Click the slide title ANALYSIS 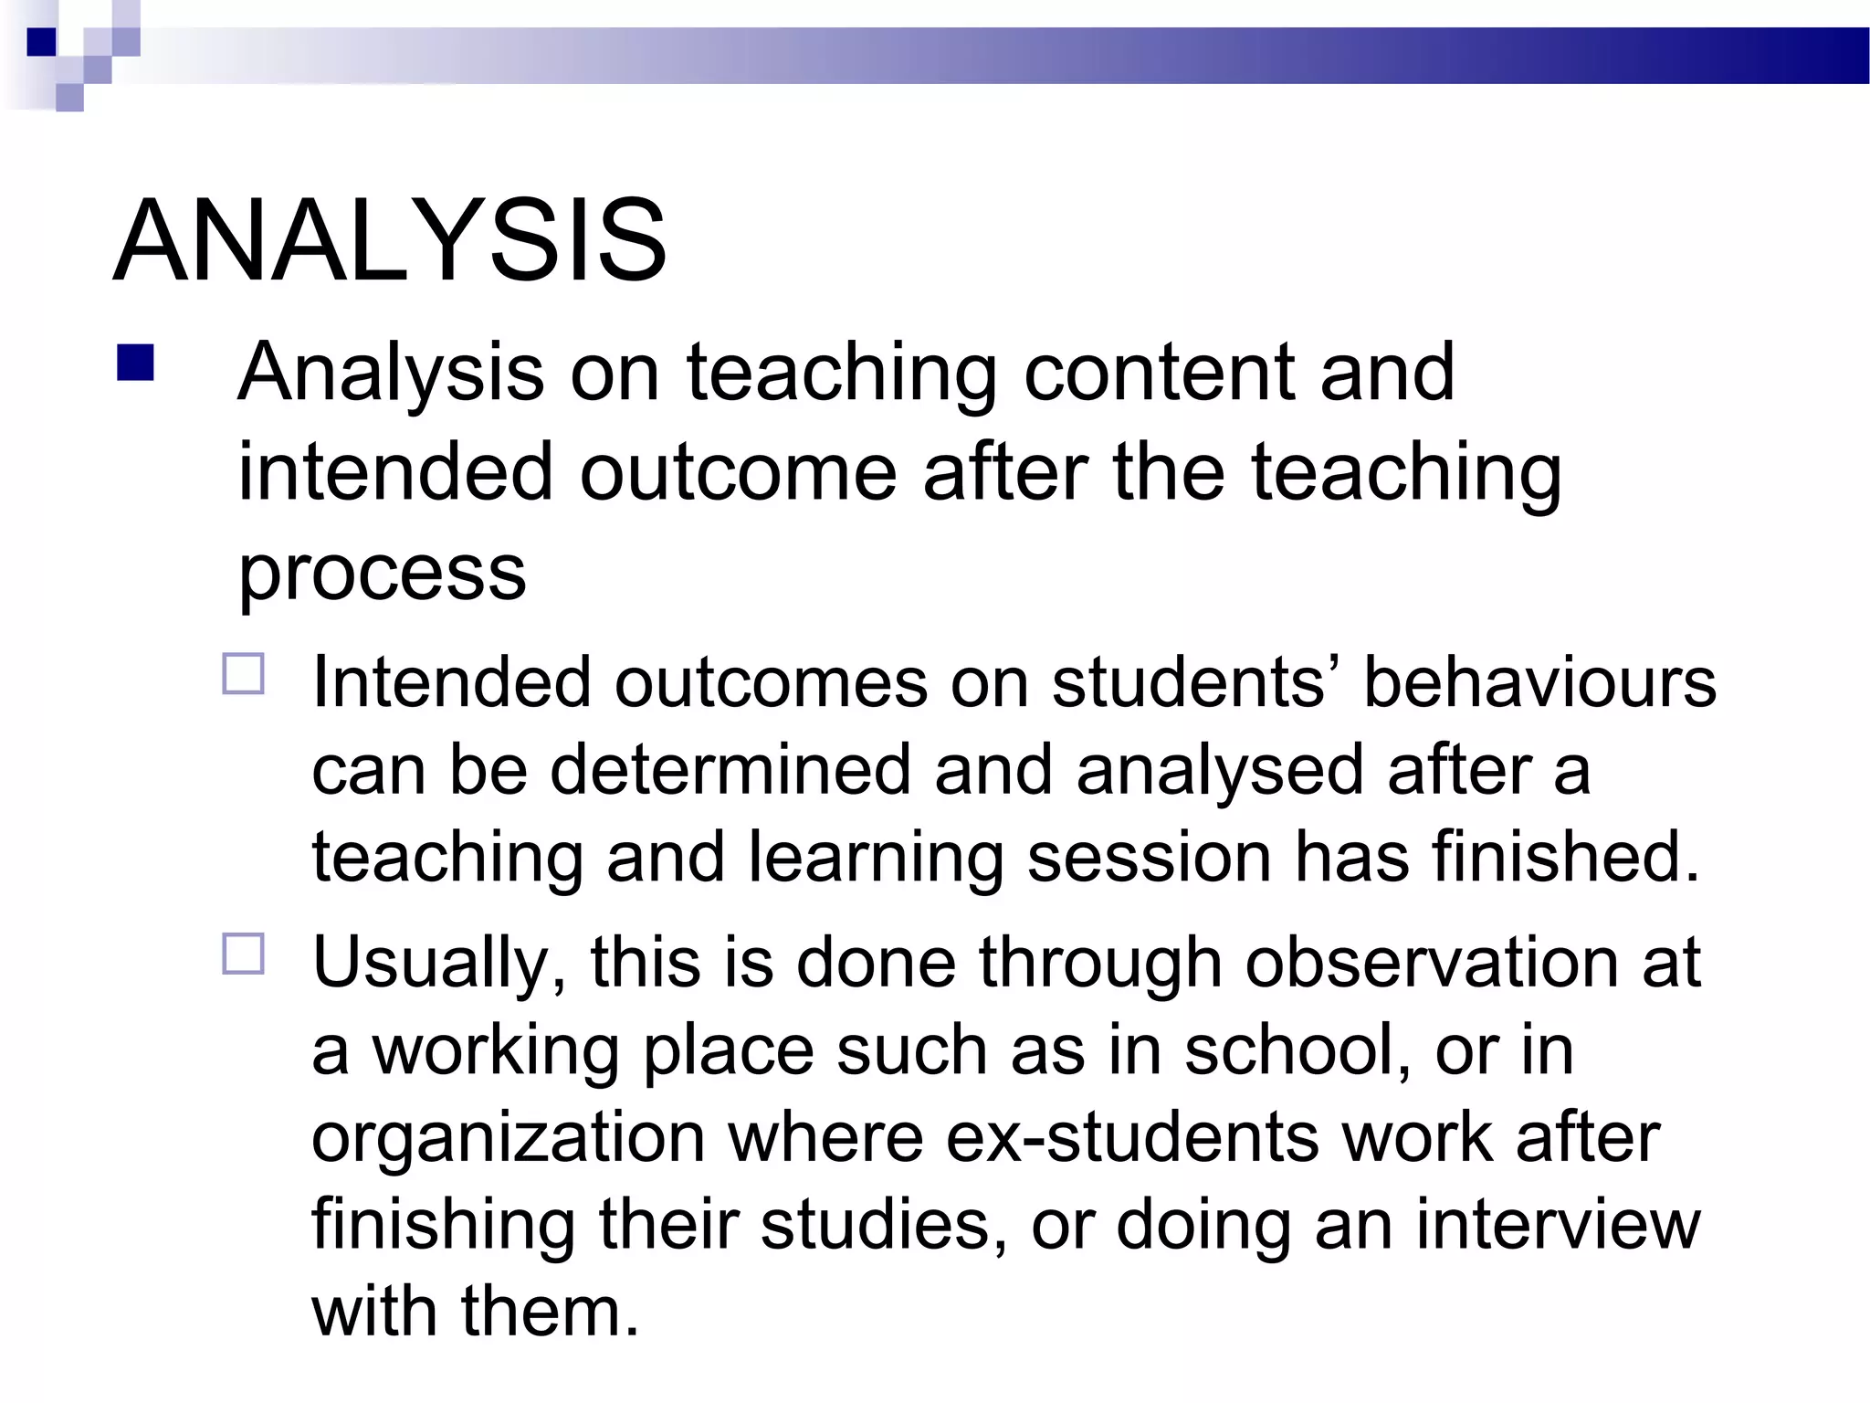pyautogui.click(x=390, y=241)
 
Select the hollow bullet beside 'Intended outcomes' pyautogui.click(x=243, y=674)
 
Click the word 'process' pyautogui.click(x=382, y=574)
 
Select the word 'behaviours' pyautogui.click(x=1539, y=682)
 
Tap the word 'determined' pyautogui.click(x=730, y=770)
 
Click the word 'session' pyautogui.click(x=1149, y=858)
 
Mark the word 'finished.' pyautogui.click(x=1566, y=858)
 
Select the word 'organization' pyautogui.click(x=509, y=1138)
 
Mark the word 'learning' pyautogui.click(x=876, y=860)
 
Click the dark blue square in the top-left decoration pyautogui.click(x=42, y=42)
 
